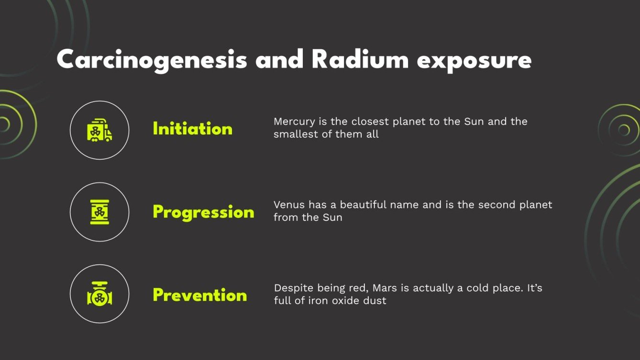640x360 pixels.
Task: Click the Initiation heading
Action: click(192, 129)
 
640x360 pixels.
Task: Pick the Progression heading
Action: click(203, 212)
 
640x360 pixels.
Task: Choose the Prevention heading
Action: click(200, 295)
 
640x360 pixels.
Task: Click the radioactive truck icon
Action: click(99, 130)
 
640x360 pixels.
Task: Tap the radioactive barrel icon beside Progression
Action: click(99, 212)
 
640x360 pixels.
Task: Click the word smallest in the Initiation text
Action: click(295, 134)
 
